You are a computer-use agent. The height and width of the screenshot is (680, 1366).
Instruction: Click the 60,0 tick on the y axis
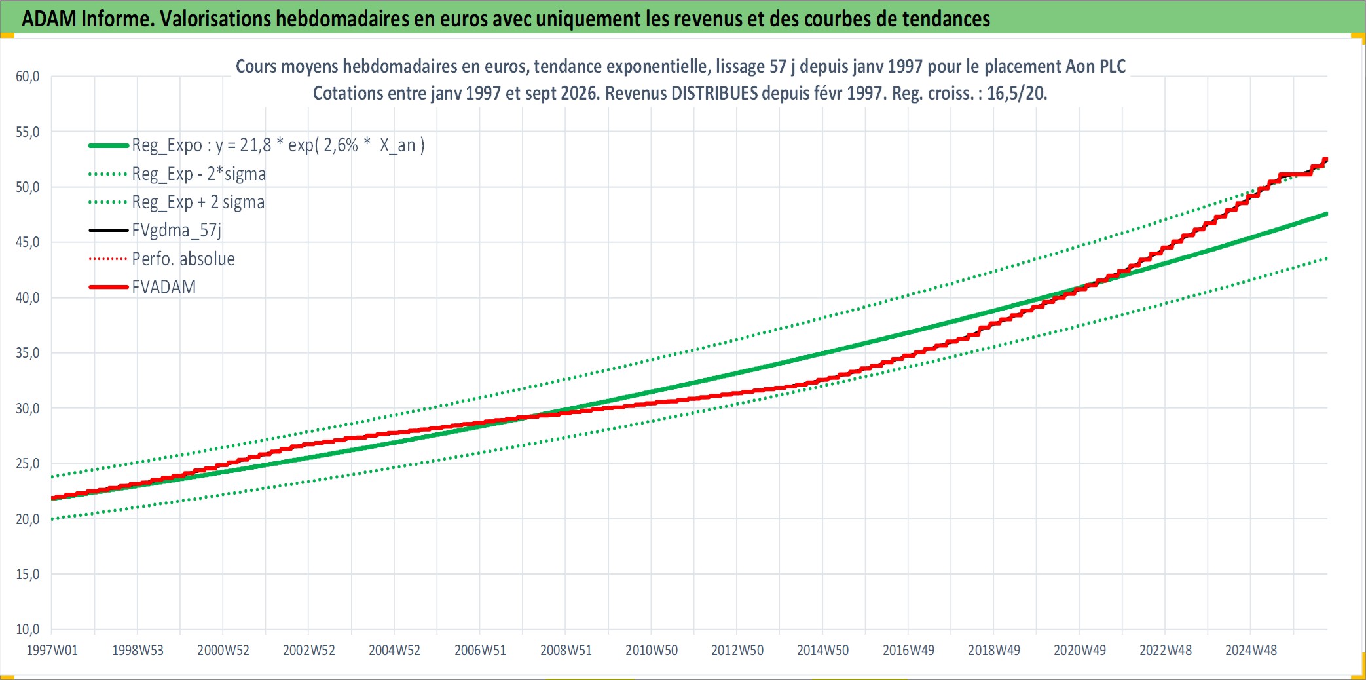pyautogui.click(x=28, y=77)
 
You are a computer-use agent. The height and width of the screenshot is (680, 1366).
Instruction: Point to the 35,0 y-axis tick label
pyautogui.click(x=28, y=353)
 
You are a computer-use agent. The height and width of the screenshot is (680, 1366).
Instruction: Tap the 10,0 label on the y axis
pyautogui.click(x=28, y=630)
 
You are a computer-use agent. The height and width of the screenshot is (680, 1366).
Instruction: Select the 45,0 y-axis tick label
pyautogui.click(x=28, y=242)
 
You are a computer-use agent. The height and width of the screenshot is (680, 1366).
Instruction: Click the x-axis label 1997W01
pyautogui.click(x=52, y=651)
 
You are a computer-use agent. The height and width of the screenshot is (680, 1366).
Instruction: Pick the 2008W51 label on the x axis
pyautogui.click(x=566, y=651)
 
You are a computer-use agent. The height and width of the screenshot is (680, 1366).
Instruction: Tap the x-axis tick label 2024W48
pyautogui.click(x=1251, y=651)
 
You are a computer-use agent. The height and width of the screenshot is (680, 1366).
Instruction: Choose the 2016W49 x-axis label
pyautogui.click(x=908, y=651)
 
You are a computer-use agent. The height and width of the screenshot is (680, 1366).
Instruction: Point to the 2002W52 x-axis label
pyautogui.click(x=308, y=651)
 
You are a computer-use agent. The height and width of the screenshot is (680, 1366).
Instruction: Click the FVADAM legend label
pyautogui.click(x=164, y=287)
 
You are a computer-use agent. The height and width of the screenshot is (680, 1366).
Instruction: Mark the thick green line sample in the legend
pyautogui.click(x=109, y=145)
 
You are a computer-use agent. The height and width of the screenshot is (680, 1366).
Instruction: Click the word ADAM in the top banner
pyautogui.click(x=49, y=19)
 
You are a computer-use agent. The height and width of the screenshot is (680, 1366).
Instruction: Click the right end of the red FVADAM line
pyautogui.click(x=1326, y=159)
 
